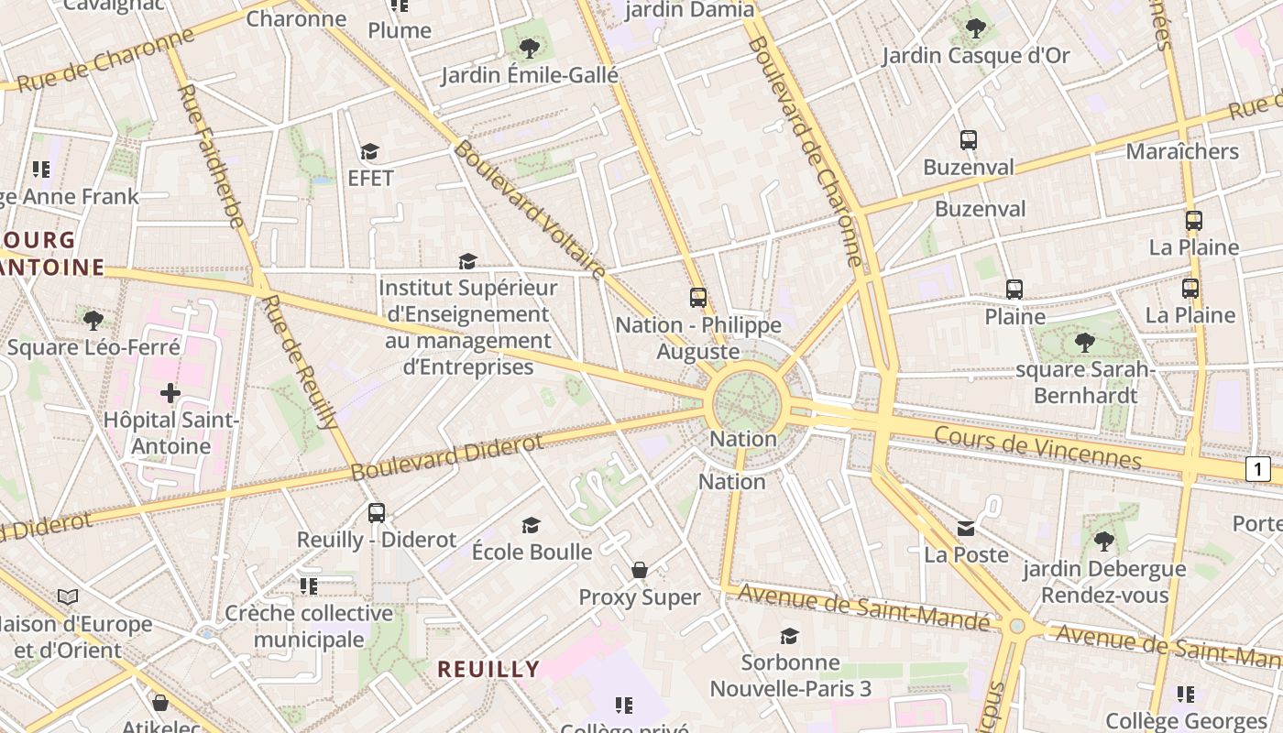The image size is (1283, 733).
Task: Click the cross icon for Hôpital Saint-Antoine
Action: (x=170, y=393)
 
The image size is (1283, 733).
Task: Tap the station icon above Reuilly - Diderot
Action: (x=377, y=513)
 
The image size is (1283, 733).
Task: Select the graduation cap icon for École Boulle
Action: (x=531, y=525)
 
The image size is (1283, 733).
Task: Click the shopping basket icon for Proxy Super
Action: (x=640, y=570)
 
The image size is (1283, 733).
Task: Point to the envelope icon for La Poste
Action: (x=966, y=528)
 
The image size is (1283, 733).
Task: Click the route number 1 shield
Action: (x=1258, y=470)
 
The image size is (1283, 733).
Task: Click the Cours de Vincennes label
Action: (x=1038, y=447)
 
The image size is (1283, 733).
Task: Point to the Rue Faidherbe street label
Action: (x=210, y=156)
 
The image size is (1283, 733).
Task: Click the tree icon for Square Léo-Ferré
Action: (x=93, y=320)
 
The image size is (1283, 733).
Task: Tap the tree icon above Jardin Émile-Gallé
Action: (x=529, y=48)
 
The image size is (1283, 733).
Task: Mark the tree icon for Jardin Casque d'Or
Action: (x=976, y=28)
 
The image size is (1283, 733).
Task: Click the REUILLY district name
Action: (x=488, y=669)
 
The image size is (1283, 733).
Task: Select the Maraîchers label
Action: (x=1182, y=151)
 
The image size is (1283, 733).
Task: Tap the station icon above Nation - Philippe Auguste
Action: (x=698, y=298)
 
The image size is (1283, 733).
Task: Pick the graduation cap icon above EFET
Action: (x=369, y=151)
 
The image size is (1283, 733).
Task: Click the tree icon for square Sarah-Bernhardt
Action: (x=1085, y=343)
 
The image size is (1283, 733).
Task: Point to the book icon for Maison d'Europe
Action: (x=68, y=597)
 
